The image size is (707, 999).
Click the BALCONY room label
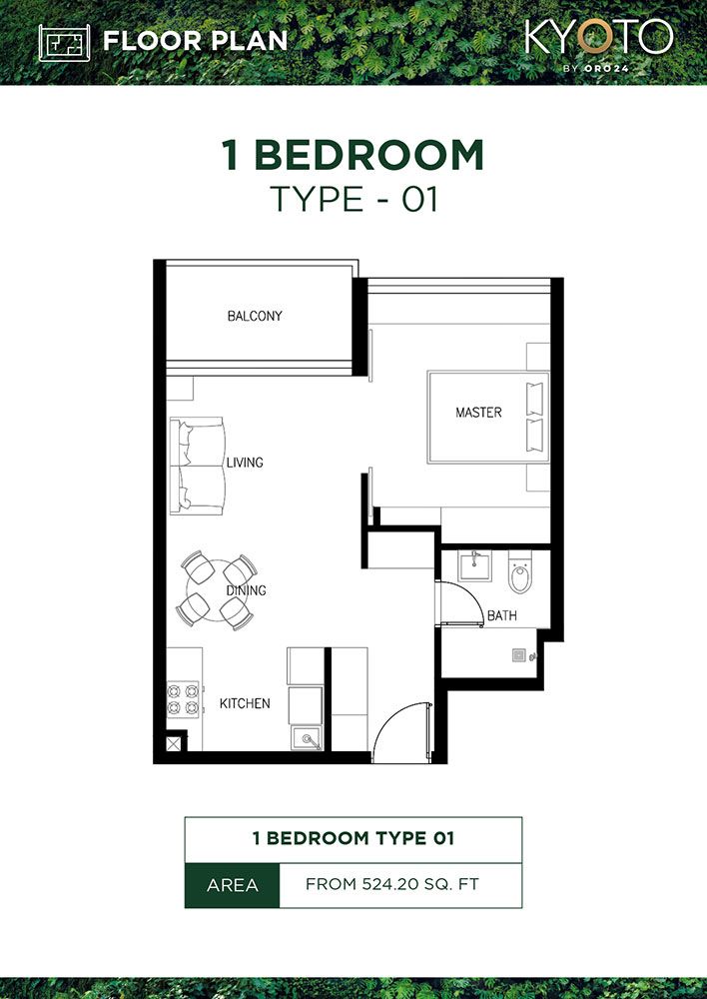255,317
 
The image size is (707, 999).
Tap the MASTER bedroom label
478,413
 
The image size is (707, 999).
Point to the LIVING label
245,463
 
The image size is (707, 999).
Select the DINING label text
246,590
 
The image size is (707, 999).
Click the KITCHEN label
245,704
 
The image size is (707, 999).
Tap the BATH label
501,616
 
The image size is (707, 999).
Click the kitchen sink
307,739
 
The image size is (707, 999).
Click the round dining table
213,592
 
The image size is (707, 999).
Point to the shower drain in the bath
519,656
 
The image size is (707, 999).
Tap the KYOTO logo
598,38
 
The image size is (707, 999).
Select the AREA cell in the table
232,885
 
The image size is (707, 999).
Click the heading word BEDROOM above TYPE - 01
368,156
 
